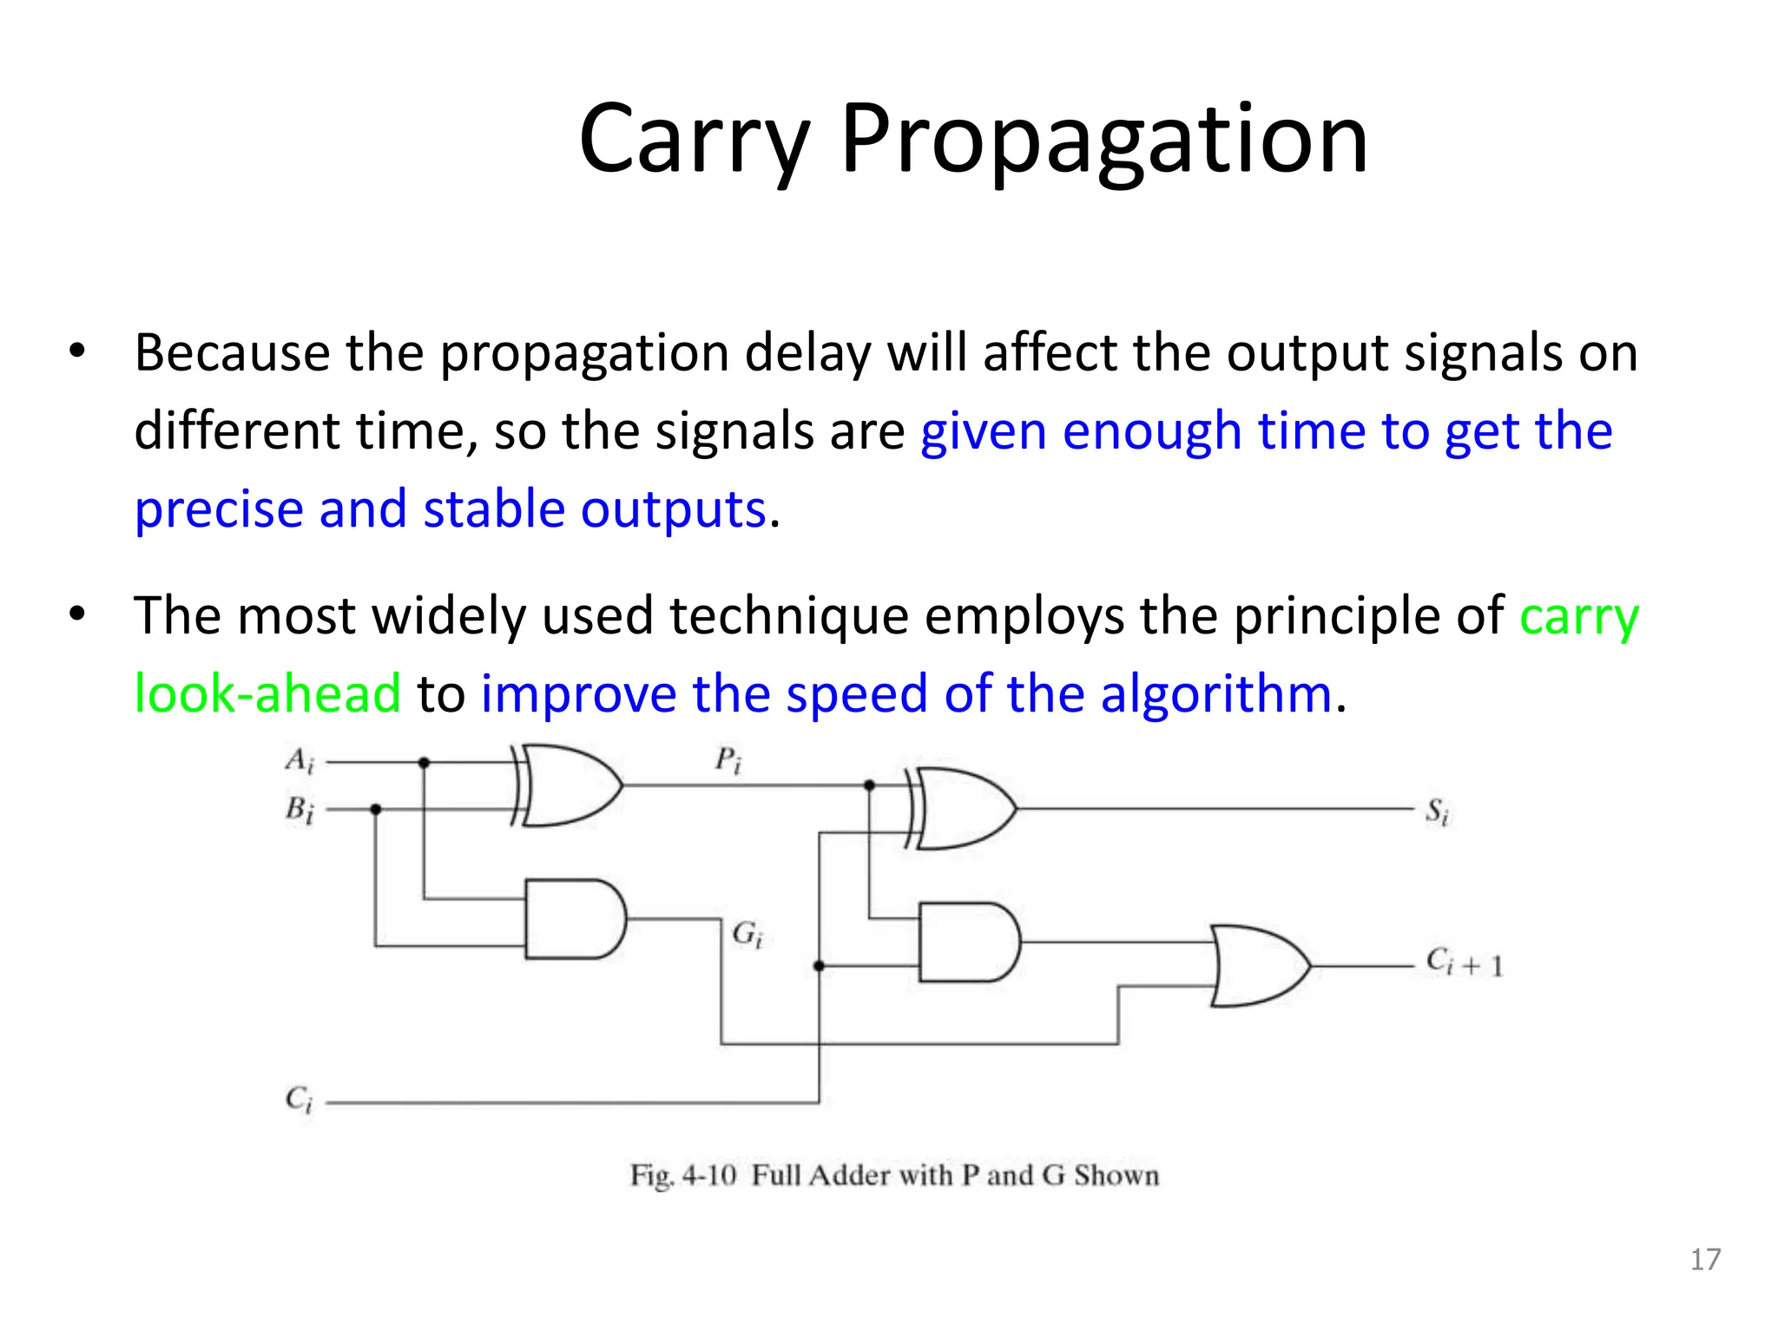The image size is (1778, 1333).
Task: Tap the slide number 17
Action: [x=1705, y=1259]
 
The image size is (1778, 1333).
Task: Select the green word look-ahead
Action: [x=267, y=694]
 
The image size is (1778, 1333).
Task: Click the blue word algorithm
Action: [x=1215, y=694]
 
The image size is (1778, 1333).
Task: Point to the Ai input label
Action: [x=300, y=761]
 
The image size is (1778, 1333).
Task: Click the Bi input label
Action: [x=300, y=811]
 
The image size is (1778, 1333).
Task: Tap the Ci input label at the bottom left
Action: [x=299, y=1100]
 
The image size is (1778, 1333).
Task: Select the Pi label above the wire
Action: [x=728, y=761]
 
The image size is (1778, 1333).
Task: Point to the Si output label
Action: [x=1437, y=812]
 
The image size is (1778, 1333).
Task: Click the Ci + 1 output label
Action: [x=1464, y=963]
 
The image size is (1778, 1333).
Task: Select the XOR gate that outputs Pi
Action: [x=569, y=785]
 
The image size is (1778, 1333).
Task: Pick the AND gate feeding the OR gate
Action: [x=968, y=942]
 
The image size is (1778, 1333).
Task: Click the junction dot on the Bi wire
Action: [x=376, y=809]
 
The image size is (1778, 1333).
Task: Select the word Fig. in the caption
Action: [x=651, y=1176]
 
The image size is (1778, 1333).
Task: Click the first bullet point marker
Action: [x=78, y=352]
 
